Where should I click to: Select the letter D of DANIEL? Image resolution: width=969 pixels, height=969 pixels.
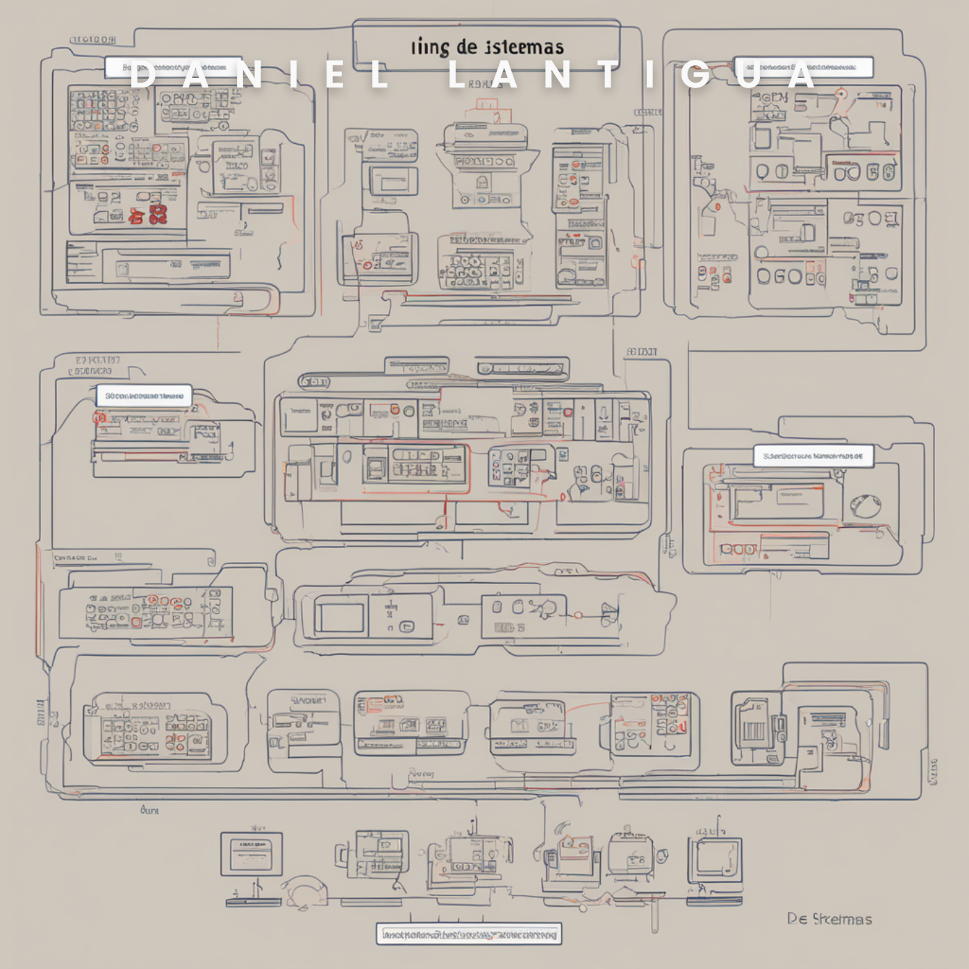[x=143, y=75]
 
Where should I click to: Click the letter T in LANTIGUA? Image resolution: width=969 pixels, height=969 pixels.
[x=609, y=75]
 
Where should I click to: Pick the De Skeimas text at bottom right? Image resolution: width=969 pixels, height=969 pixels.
[x=829, y=919]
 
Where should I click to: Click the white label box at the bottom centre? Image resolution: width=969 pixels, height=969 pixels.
[x=469, y=934]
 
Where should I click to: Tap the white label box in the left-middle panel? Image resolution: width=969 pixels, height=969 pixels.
[x=144, y=396]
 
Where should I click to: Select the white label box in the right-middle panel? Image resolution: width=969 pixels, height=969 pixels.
[x=813, y=456]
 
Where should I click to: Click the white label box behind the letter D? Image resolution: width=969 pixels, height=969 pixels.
[x=174, y=67]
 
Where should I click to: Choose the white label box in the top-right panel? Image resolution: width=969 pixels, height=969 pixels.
[x=803, y=67]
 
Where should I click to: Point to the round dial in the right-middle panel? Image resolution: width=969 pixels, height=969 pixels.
[x=866, y=505]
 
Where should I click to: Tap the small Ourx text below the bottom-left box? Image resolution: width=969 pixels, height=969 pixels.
[x=149, y=810]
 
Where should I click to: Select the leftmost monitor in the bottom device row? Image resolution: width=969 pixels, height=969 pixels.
[x=251, y=854]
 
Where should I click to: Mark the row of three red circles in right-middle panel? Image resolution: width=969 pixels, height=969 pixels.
[x=738, y=549]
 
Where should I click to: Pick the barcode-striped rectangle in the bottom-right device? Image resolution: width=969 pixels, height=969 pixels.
[x=754, y=731]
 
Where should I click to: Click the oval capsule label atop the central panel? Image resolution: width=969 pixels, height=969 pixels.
[x=315, y=381]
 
